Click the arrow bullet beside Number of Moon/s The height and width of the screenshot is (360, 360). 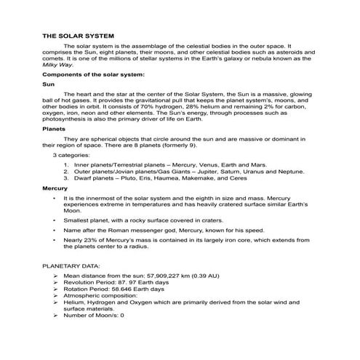(56, 315)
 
